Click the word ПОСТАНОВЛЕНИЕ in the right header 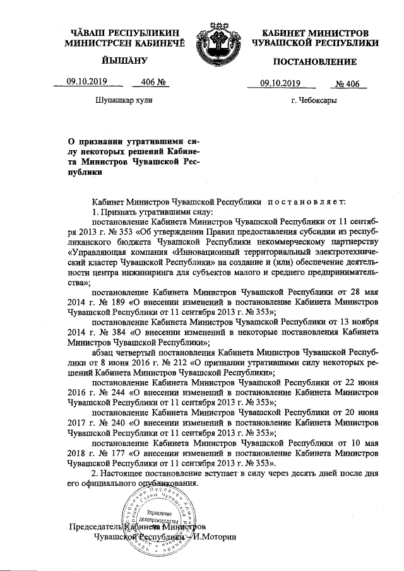(x=315, y=61)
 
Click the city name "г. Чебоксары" (x=314, y=100)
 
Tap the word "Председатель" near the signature (x=95, y=526)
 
